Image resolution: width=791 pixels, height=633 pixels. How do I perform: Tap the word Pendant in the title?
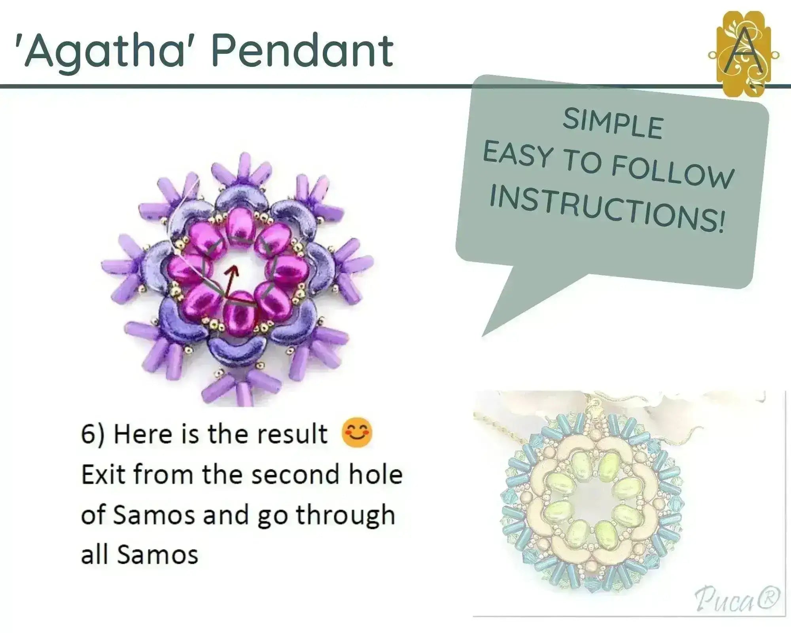303,50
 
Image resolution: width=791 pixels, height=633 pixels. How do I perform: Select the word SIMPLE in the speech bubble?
613,123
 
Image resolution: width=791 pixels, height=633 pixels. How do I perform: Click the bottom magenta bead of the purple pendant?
239,313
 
